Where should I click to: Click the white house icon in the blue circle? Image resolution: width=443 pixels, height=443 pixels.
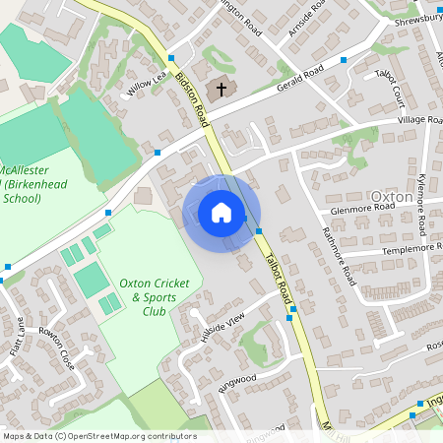[221, 213]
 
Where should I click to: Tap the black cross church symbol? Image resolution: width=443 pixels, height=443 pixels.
[221, 90]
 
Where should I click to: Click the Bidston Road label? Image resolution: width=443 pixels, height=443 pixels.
[192, 96]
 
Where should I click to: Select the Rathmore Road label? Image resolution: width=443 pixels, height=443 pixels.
[338, 255]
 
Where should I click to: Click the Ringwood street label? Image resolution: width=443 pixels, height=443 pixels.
[237, 382]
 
